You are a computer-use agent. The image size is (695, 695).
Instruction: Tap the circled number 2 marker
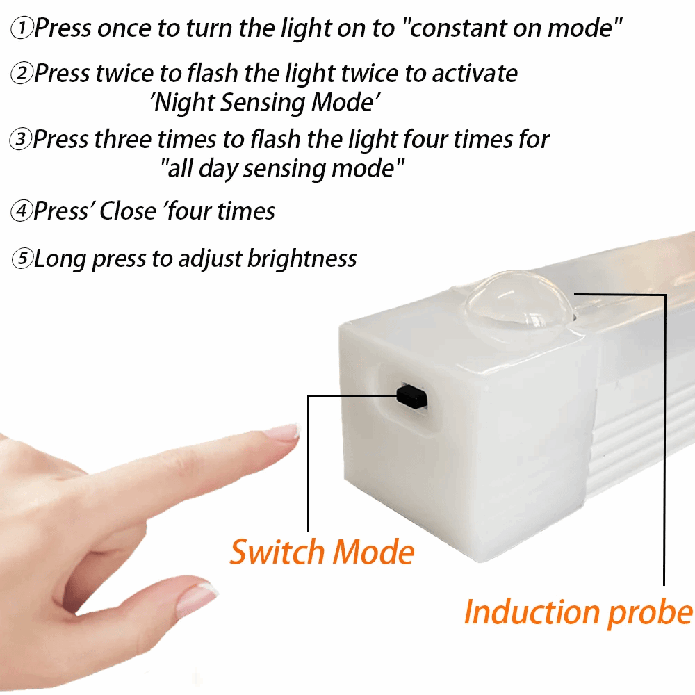22,74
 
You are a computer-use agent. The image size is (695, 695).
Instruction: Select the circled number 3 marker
20,140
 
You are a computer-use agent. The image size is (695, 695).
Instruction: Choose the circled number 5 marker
22,259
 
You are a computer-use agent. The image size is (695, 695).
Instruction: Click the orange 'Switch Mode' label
322,552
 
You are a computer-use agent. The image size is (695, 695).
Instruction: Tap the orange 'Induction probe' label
578,612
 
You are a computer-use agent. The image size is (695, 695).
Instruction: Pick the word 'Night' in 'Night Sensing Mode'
183,103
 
